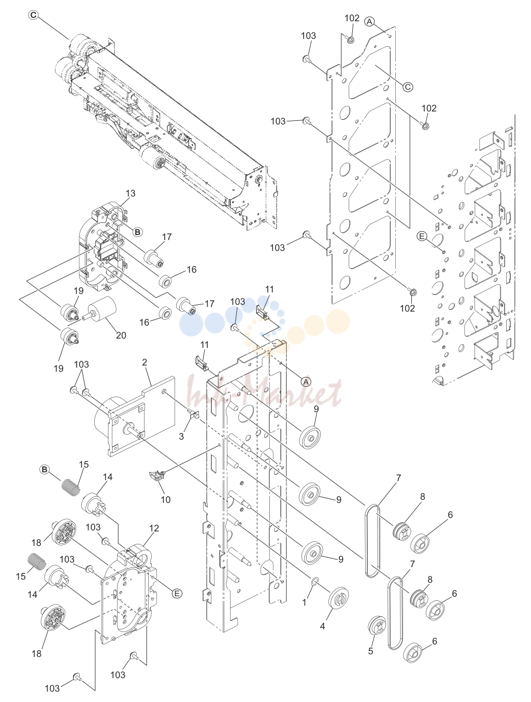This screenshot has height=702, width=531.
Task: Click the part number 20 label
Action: pos(121,335)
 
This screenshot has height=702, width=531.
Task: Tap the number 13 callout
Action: pos(131,193)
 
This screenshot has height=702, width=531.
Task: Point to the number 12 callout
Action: pos(154,528)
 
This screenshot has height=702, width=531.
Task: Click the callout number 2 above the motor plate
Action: pos(145,362)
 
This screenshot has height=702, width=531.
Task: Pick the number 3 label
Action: pos(181,436)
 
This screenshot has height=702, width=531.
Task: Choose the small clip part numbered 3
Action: pos(193,415)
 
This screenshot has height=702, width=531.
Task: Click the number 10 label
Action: pos(165,499)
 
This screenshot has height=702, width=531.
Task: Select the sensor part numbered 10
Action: pos(157,478)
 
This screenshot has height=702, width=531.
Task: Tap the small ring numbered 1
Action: pos(314,581)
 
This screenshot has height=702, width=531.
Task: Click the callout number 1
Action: pos(304,602)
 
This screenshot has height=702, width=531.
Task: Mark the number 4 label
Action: pos(322,626)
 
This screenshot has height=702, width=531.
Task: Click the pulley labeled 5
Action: pos(378,624)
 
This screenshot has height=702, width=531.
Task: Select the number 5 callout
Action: pos(370,651)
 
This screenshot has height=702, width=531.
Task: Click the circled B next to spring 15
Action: pos(45,470)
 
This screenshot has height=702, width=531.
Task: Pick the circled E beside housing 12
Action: pos(177,594)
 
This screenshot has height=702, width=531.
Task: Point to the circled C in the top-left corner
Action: pos(33,15)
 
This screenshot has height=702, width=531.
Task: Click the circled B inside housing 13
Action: pos(137,232)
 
